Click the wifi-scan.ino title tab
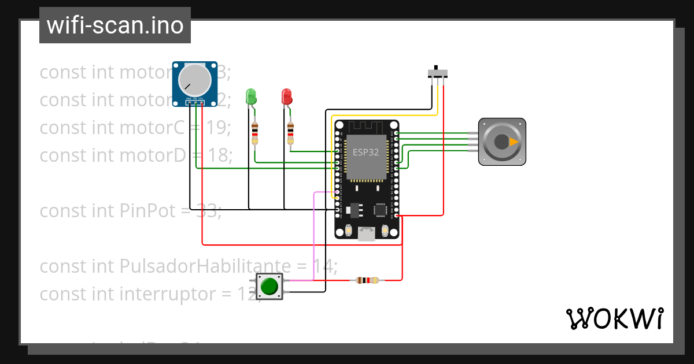click(x=115, y=25)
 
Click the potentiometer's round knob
click(x=194, y=80)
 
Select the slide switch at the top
click(x=438, y=73)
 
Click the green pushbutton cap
click(x=270, y=286)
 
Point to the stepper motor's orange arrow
click(x=513, y=142)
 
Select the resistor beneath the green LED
click(x=255, y=133)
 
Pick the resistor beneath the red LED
click(x=290, y=133)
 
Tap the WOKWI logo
click(x=614, y=318)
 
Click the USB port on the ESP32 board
click(x=367, y=233)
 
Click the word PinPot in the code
click(x=147, y=211)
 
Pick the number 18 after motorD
click(x=219, y=155)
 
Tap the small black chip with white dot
click(x=381, y=210)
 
